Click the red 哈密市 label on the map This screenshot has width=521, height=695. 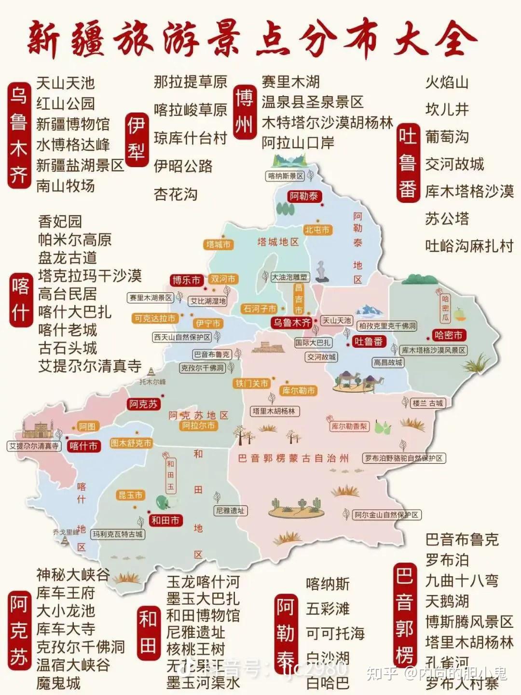tap(448, 335)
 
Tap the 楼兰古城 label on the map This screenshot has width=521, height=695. tap(427, 403)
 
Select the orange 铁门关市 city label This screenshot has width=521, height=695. tap(251, 383)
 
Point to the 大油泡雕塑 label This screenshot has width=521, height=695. tap(289, 277)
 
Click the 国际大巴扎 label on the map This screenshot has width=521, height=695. tap(313, 342)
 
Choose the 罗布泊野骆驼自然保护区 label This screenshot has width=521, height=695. tap(404, 458)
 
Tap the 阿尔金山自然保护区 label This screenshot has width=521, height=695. tap(386, 515)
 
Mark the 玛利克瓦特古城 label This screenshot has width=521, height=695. tap(118, 534)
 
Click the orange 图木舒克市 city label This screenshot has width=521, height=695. tap(131, 443)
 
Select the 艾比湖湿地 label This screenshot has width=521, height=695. tap(207, 301)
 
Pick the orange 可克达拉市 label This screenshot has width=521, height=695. tap(155, 318)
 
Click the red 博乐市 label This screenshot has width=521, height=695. tap(186, 280)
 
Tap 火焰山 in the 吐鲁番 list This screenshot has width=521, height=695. tap(447, 83)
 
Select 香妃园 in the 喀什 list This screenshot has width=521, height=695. tap(60, 222)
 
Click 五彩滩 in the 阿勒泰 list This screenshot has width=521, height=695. tap(328, 609)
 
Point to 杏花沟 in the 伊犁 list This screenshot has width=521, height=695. tap(176, 194)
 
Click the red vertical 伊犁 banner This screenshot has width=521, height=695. tap(136, 140)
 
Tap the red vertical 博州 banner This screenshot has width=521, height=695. tap(244, 112)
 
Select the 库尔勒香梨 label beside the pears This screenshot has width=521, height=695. tap(349, 426)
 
